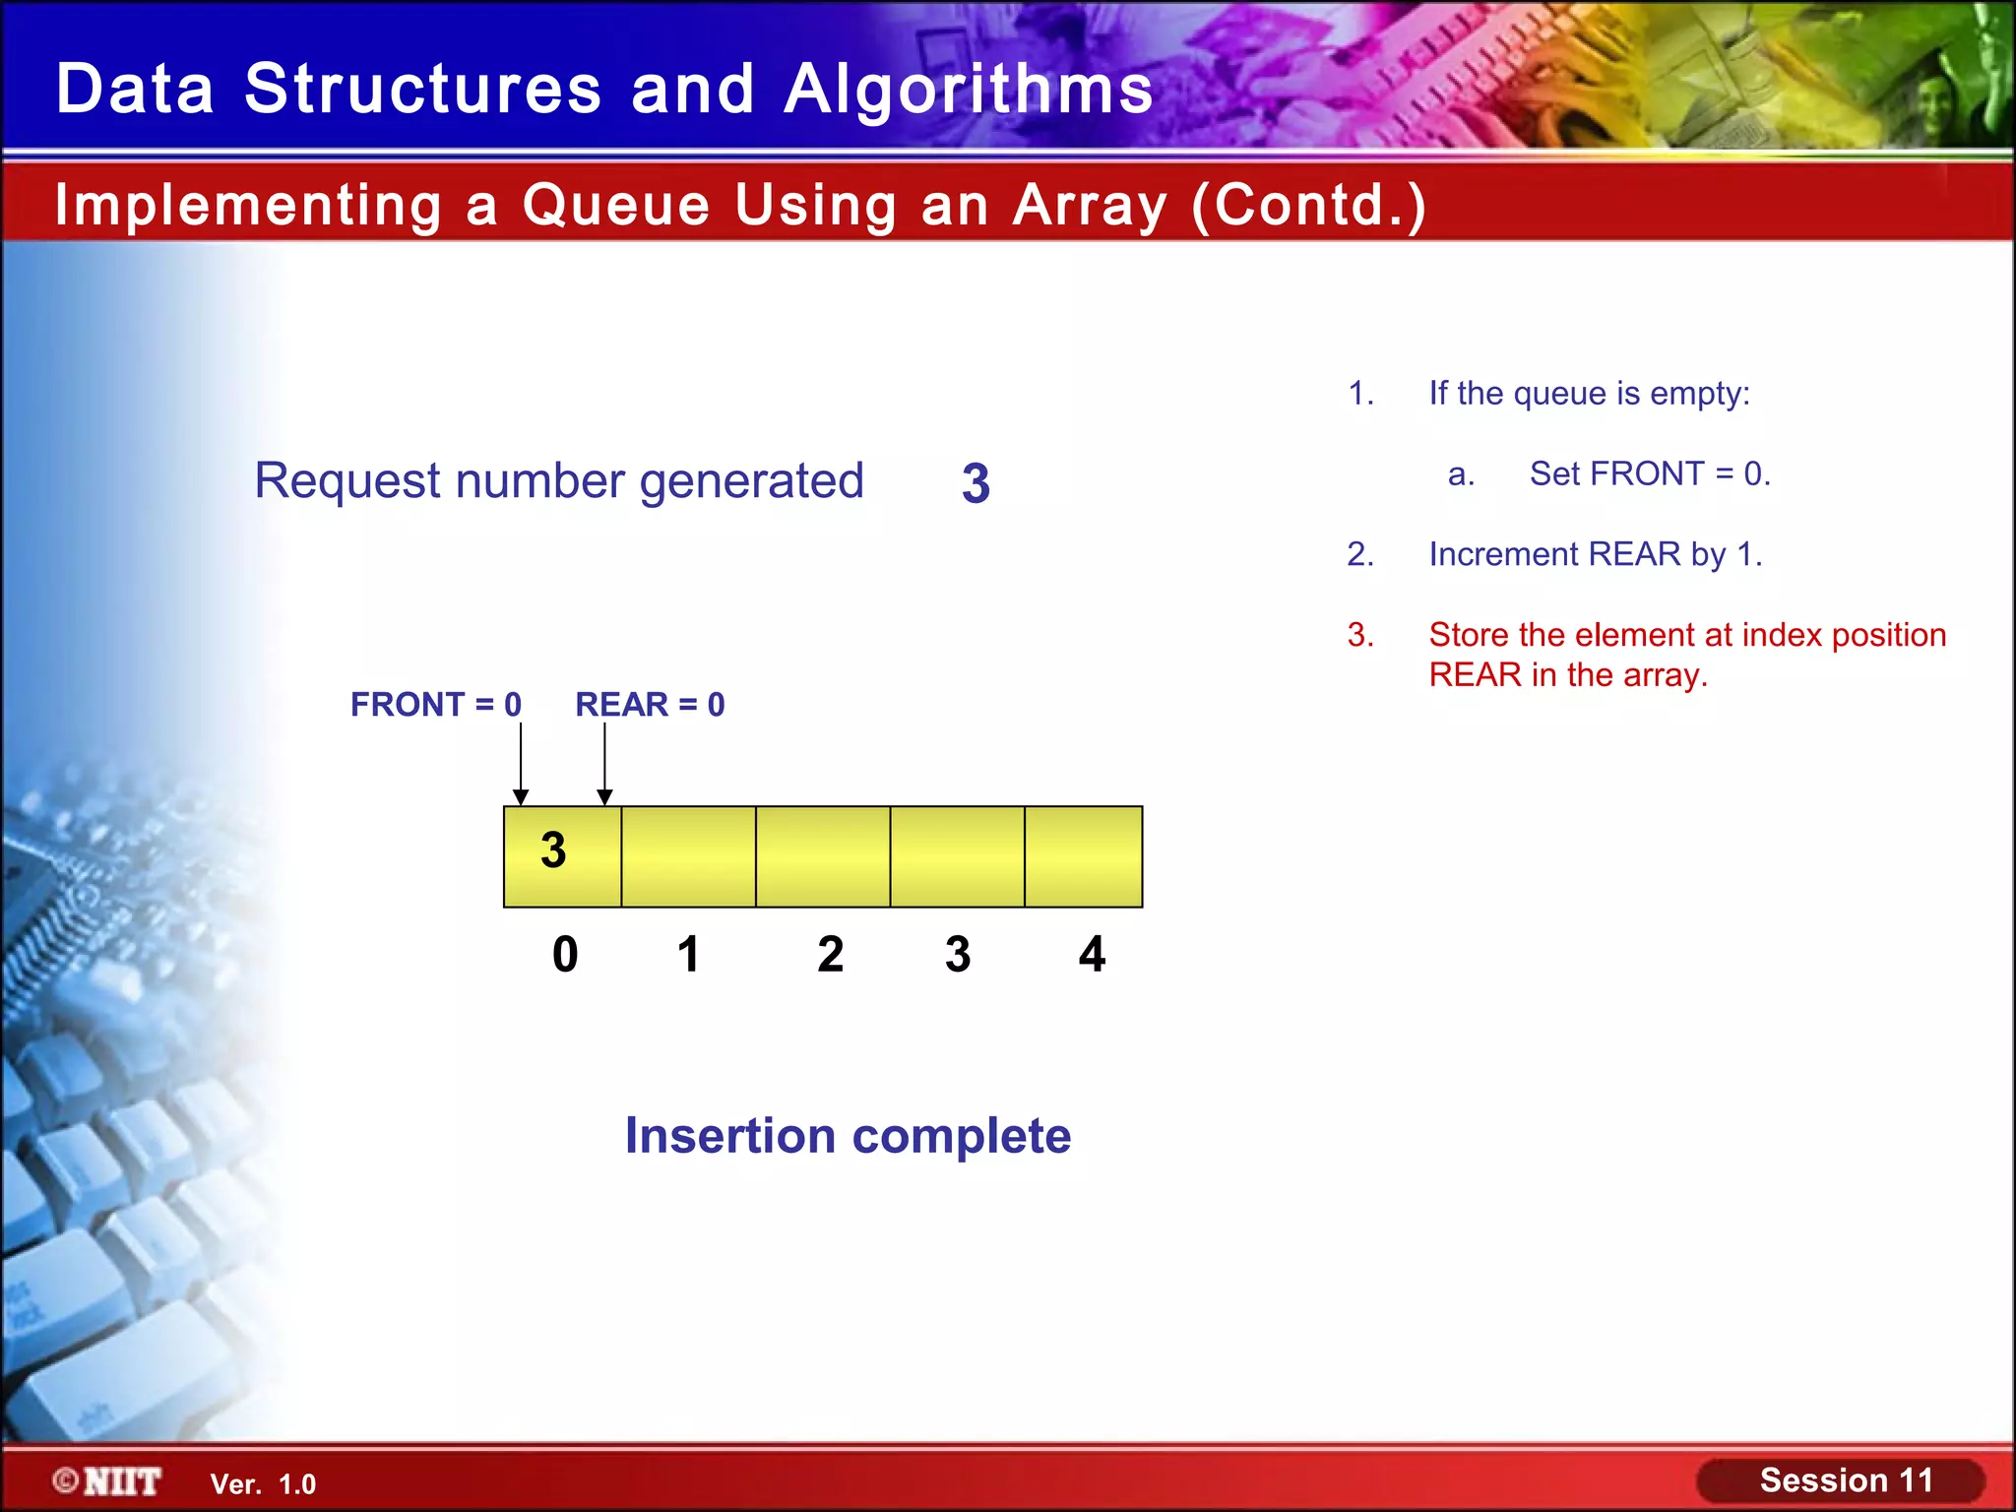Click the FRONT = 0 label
click(435, 705)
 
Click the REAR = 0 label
click(650, 705)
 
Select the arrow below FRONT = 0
click(521, 764)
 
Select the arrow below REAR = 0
click(604, 764)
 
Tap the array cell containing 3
click(561, 855)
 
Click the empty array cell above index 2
click(823, 855)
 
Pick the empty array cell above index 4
click(1083, 855)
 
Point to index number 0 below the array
click(565, 954)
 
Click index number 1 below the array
click(688, 954)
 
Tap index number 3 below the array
click(958, 954)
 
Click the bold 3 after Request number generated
click(976, 483)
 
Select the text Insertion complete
click(848, 1135)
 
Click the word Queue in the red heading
click(616, 205)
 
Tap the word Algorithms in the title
click(969, 89)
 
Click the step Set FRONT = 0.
click(1649, 474)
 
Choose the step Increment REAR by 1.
click(1595, 555)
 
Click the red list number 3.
click(1360, 635)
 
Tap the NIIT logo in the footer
click(108, 1481)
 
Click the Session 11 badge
click(1845, 1480)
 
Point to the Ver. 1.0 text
click(263, 1484)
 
